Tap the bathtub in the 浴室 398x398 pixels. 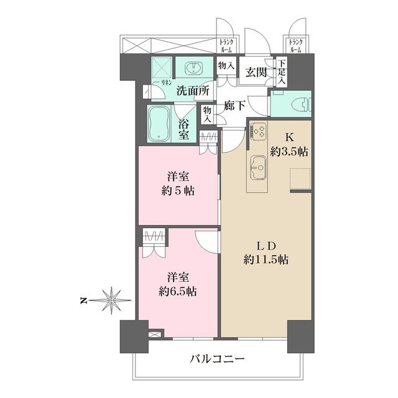pos(159,124)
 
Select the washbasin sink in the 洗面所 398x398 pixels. pos(194,68)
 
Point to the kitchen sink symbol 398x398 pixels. pos(259,167)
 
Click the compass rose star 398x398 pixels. pos(111,300)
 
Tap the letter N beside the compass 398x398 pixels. pos(83,301)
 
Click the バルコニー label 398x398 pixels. pos(218,359)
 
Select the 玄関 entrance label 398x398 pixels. pos(256,73)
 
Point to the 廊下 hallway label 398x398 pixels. pos(234,105)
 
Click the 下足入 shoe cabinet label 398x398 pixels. pos(281,72)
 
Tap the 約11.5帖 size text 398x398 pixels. pos(266,260)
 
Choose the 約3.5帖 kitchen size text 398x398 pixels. pos(289,152)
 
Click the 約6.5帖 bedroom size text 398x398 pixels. pos(178,292)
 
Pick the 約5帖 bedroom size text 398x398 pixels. pos(178,191)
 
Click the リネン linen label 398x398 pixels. pos(167,83)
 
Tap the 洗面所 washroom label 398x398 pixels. pos(193,91)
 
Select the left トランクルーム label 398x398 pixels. pos(226,46)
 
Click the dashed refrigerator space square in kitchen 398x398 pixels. pos(300,178)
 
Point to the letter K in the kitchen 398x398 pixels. pos(290,137)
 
